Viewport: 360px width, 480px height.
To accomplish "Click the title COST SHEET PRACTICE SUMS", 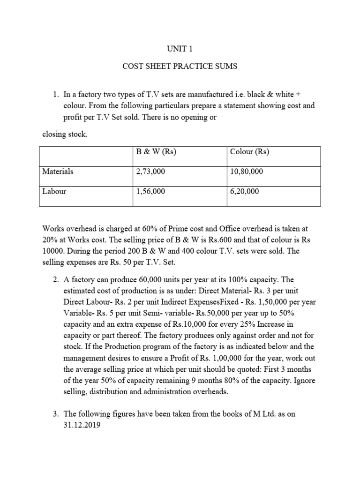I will [180, 66].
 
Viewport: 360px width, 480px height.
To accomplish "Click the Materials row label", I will [58, 172].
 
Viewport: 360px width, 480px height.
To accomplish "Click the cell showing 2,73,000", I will [150, 172].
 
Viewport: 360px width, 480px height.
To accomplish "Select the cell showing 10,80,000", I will [247, 172].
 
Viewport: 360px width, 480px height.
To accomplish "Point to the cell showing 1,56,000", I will [150, 191].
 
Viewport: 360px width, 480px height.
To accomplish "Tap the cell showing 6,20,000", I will [245, 191].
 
